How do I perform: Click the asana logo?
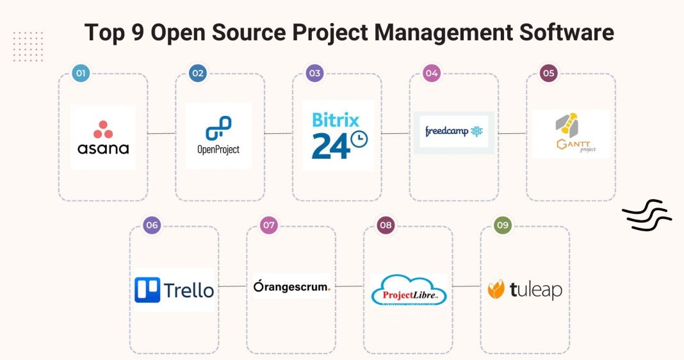(103, 137)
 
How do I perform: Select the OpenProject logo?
(218, 136)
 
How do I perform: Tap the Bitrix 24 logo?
(338, 136)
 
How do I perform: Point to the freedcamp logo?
(454, 132)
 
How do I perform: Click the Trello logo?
(174, 290)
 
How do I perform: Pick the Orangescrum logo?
(291, 286)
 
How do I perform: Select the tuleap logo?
(525, 290)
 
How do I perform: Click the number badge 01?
(81, 74)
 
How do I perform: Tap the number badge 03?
(314, 74)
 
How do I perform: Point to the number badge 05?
(548, 74)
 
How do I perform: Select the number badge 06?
(152, 225)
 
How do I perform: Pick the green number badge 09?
(503, 225)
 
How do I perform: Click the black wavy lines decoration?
(646, 215)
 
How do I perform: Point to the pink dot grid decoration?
(28, 46)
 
